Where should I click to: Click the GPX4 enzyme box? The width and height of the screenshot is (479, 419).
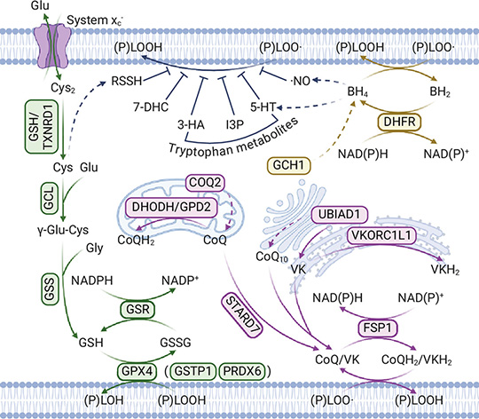tap(137, 371)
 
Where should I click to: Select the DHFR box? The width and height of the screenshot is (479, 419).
tap(399, 122)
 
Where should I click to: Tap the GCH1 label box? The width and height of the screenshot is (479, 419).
tap(288, 166)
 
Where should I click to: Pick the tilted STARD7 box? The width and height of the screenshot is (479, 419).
tap(241, 315)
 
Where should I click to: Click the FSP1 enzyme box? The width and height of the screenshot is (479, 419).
tap(377, 328)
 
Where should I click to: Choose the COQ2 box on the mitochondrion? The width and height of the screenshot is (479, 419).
tap(205, 183)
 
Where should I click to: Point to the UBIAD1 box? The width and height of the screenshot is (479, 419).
tap(339, 214)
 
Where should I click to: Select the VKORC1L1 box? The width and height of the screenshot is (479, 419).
tap(381, 235)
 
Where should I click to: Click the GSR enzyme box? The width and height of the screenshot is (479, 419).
tap(137, 309)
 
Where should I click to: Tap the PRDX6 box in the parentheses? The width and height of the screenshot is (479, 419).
tap(242, 371)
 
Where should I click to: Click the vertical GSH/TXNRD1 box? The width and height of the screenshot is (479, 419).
tap(42, 127)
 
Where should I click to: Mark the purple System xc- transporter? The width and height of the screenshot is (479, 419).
tap(52, 46)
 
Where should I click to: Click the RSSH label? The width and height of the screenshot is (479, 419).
tap(127, 81)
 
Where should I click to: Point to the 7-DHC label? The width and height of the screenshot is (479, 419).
tap(151, 107)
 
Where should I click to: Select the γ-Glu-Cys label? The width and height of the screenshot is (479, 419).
tap(63, 230)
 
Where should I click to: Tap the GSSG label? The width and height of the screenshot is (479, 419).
tap(176, 343)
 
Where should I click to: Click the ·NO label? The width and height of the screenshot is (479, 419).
tap(301, 81)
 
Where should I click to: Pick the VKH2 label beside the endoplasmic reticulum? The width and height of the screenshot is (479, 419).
tap(445, 270)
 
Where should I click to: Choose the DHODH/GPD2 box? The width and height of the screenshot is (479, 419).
tap(171, 207)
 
